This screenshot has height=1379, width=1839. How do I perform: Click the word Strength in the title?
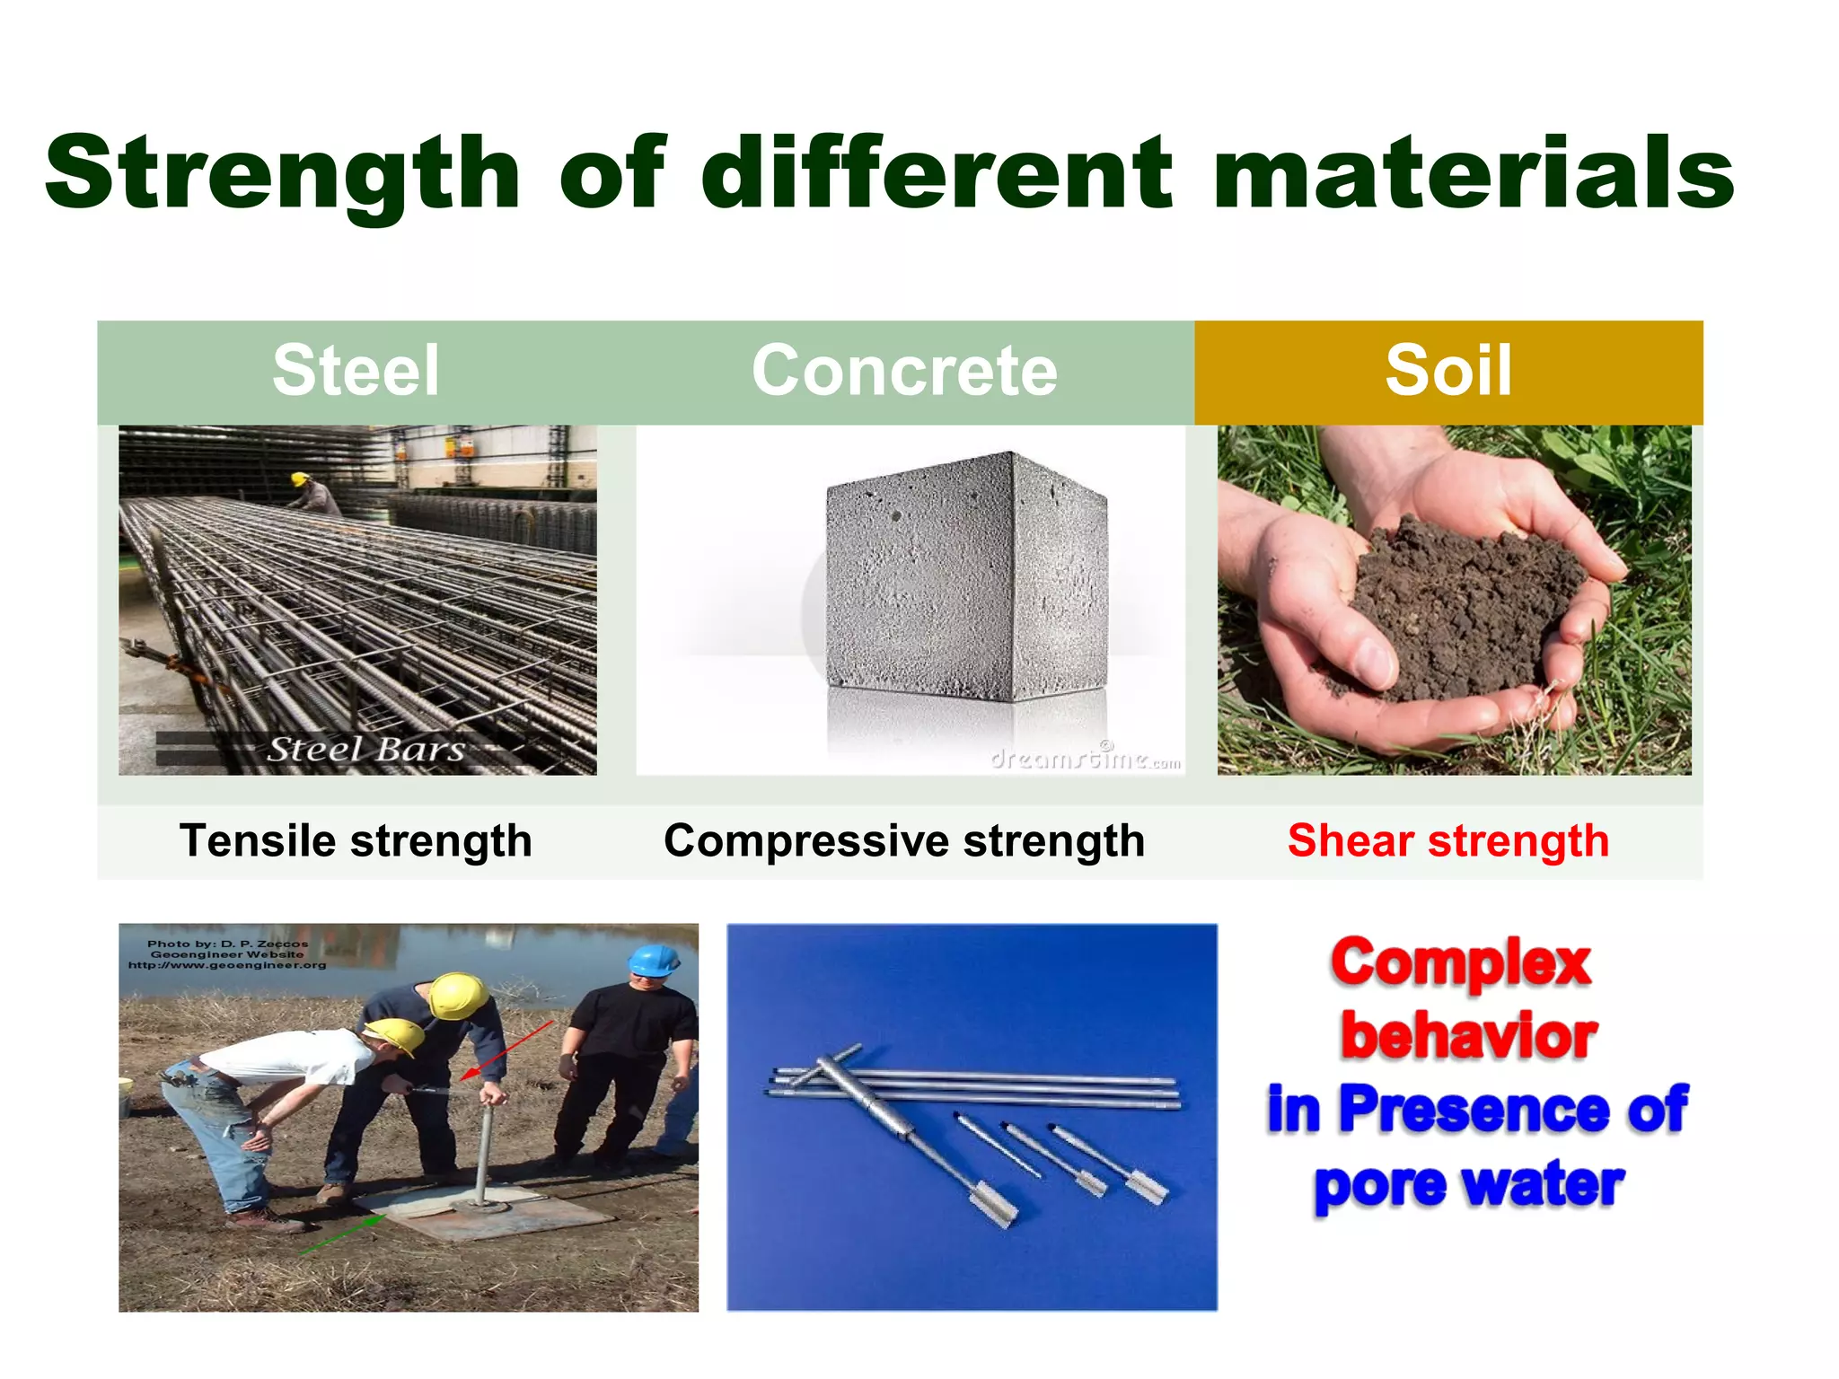tap(283, 172)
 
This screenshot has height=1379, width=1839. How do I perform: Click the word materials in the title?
tap(1473, 172)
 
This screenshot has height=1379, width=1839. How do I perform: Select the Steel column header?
tap(356, 371)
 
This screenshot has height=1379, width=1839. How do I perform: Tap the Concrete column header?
tap(904, 371)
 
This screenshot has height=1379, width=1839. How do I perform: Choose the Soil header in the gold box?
tap(1447, 371)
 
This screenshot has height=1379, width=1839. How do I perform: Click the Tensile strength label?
tap(356, 841)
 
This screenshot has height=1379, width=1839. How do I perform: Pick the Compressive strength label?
tap(904, 841)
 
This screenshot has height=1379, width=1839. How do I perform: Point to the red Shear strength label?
tap(1447, 841)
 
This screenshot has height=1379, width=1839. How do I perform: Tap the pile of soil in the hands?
tap(1464, 602)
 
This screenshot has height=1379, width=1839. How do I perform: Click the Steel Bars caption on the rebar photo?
tap(365, 749)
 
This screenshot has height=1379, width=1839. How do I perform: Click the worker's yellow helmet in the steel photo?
tap(299, 479)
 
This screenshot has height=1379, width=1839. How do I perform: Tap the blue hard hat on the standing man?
tap(652, 960)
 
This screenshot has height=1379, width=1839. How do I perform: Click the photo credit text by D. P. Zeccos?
tap(227, 954)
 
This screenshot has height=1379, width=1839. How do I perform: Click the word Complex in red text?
tap(1461, 963)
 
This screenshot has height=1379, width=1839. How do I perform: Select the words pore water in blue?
tap(1468, 1185)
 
